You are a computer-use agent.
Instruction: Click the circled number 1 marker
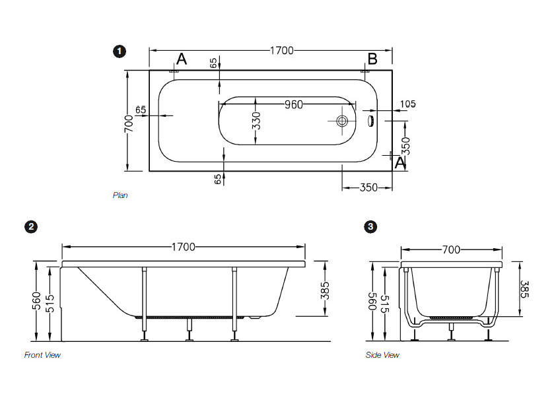120,51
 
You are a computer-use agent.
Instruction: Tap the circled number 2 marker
31,226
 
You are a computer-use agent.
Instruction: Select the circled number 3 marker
371,226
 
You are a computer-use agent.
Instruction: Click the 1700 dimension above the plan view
281,51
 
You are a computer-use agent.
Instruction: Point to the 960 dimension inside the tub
294,104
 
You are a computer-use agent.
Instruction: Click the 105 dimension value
408,104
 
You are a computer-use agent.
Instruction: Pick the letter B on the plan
372,59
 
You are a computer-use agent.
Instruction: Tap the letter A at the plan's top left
182,59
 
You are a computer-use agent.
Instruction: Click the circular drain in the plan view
342,121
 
